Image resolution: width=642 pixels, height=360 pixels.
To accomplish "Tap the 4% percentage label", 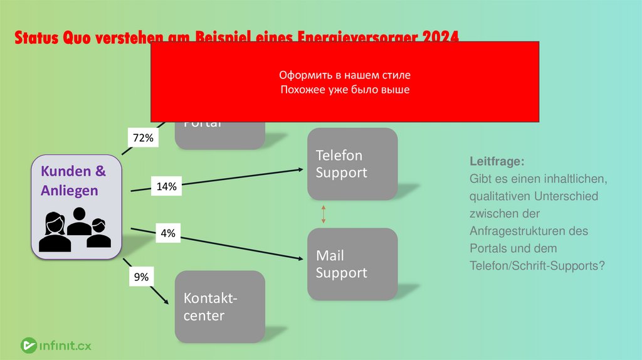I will click(167, 234).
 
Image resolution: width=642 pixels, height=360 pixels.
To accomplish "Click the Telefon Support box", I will click(352, 164).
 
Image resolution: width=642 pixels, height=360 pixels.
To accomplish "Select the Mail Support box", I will click(352, 264).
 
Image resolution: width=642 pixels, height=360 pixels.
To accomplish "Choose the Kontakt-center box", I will click(219, 307).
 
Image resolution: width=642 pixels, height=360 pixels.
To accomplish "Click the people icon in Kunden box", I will click(74, 230).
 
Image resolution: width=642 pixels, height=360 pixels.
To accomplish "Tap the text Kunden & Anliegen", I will click(73, 181).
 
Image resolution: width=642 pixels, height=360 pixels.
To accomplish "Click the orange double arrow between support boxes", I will click(324, 214).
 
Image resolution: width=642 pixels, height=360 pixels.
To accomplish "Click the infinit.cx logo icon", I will click(28, 344).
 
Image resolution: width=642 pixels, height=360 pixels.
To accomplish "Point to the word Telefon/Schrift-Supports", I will click(537, 265).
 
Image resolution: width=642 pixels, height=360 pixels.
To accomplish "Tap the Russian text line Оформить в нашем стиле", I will click(344, 75).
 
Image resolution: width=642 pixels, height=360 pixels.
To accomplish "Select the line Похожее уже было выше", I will click(344, 90).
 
